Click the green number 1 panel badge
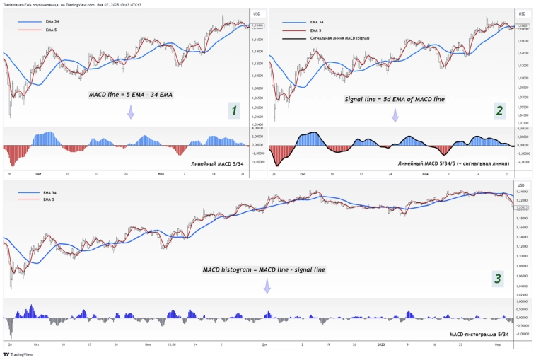pyautogui.click(x=234, y=110)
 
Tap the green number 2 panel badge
pyautogui.click(x=499, y=110)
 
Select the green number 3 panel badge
pyautogui.click(x=498, y=279)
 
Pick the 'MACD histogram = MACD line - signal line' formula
pyautogui.click(x=265, y=269)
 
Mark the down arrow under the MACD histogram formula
pyautogui.click(x=267, y=286)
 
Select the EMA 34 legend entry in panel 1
pyautogui.click(x=52, y=23)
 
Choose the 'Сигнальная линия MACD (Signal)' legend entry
pyautogui.click(x=344, y=37)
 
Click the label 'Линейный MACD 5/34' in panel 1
pyautogui.click(x=218, y=163)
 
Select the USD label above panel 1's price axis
pyautogui.click(x=256, y=13)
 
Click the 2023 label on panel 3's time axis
pyautogui.click(x=380, y=345)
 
